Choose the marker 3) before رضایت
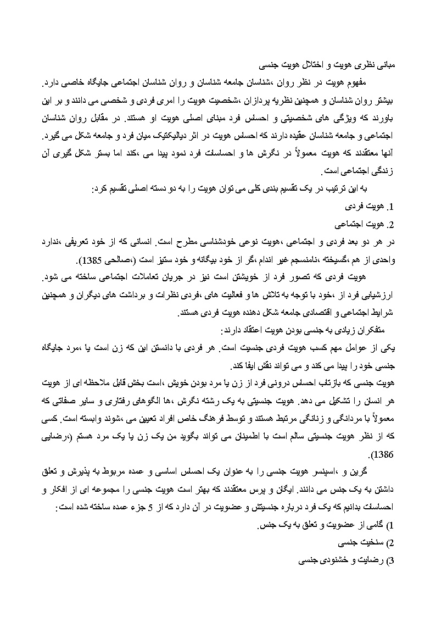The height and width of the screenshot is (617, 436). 391,561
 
